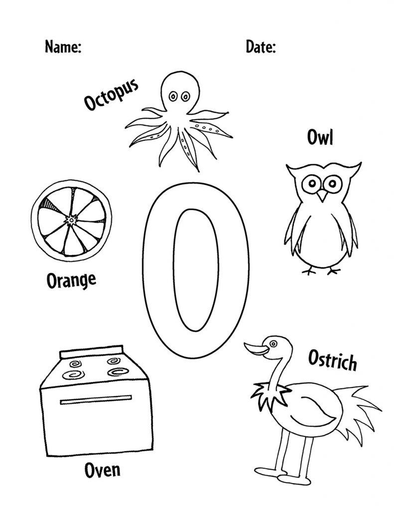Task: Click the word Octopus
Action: point(111,94)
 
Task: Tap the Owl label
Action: point(320,137)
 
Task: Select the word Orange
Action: point(71,280)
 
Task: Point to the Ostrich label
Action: point(332,360)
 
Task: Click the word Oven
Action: point(102,470)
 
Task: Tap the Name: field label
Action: point(63,47)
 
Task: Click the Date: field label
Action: point(261,47)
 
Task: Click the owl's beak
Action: point(322,195)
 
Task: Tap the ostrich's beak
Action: point(257,349)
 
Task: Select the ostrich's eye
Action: point(273,344)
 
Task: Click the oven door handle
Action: point(96,400)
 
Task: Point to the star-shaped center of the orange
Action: point(71,220)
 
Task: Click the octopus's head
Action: point(180,93)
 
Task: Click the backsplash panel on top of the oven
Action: point(92,352)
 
